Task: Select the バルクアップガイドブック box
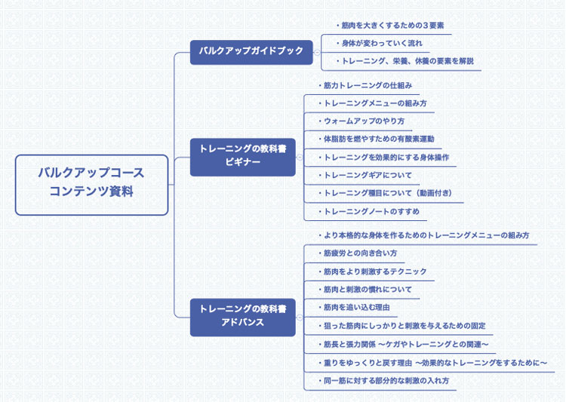[251, 51]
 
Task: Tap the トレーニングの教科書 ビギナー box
[242, 156]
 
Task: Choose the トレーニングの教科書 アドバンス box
[242, 316]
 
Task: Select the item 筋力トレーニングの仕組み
[366, 85]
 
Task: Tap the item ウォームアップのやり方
[362, 121]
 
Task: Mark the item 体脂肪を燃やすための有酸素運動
[377, 140]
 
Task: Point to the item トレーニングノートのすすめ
[370, 212]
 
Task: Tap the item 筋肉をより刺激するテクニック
[374, 272]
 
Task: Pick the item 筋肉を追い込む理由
[355, 308]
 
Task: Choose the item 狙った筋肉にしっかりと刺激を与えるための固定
[402, 326]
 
